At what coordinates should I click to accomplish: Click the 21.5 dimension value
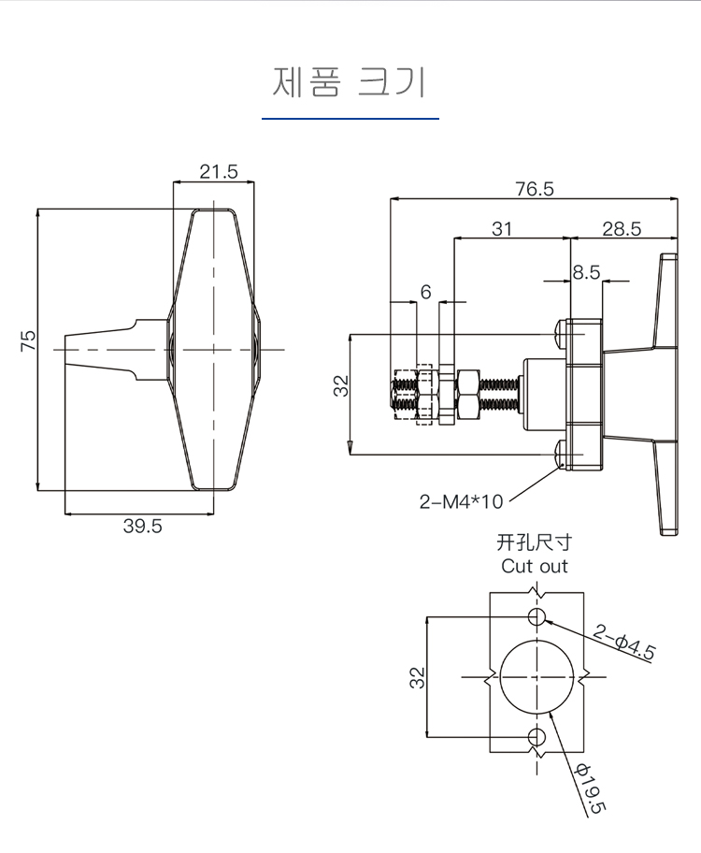219,171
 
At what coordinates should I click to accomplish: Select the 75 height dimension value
28,340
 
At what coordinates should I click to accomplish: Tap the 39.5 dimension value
142,526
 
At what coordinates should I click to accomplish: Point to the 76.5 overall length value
535,188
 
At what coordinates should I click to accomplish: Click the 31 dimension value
501,228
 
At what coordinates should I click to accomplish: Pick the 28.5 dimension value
622,228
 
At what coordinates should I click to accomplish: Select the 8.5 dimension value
586,272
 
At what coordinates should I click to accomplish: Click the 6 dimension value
426,292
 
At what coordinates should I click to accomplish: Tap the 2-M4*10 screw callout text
461,501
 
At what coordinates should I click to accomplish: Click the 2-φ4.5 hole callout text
623,643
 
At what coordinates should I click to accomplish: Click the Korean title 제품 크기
350,82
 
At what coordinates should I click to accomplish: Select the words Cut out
534,566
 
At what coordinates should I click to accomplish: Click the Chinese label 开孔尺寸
534,542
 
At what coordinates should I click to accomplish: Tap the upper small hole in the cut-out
536,617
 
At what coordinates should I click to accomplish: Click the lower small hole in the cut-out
536,737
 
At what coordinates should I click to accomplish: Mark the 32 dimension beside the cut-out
417,678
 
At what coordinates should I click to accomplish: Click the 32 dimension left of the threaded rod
340,386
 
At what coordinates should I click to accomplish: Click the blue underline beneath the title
350,118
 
